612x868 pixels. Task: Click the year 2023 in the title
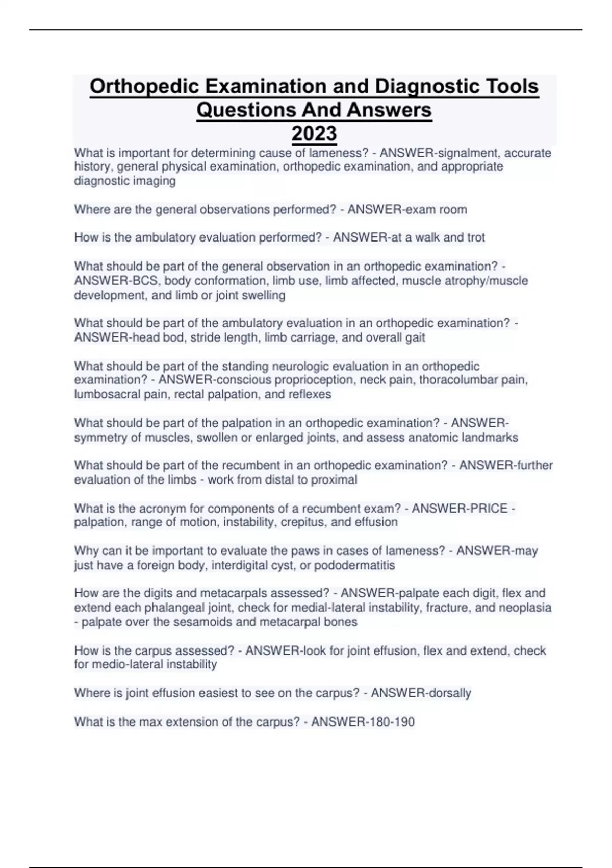pyautogui.click(x=314, y=134)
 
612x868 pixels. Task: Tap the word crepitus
pyautogui.click(x=303, y=522)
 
